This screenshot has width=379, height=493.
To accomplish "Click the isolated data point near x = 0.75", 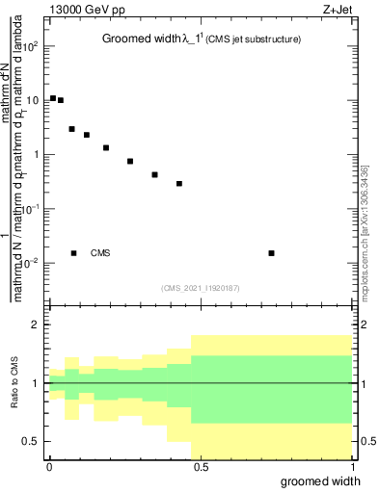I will (272, 253).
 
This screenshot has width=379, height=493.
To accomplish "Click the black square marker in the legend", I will (73, 253).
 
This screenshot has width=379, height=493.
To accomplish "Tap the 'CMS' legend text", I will (100, 253).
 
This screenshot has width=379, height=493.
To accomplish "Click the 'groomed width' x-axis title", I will (300, 480).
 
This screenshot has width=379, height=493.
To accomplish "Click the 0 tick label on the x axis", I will (48, 467).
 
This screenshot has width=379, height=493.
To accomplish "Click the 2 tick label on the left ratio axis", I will (36, 324).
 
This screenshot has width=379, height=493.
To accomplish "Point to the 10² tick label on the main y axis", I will (32, 46).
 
